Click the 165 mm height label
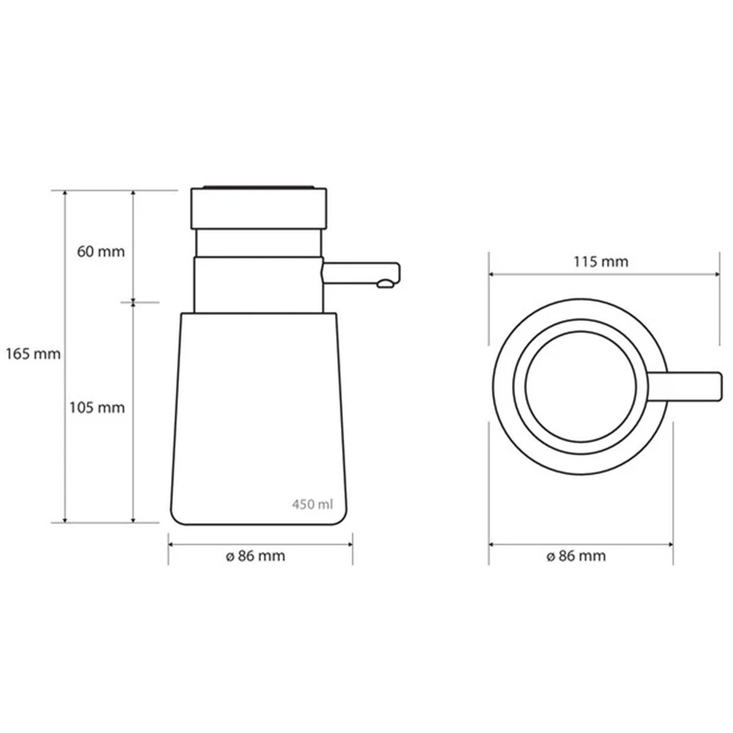pos(33,354)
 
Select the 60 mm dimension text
pos(101,251)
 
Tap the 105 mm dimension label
pos(97,408)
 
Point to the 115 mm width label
pos(601,262)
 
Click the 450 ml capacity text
pos(313,504)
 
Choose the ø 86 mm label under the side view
pos(255,556)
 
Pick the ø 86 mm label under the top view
pos(576,556)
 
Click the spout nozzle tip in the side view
pos(385,284)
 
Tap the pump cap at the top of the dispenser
pos(259,208)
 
